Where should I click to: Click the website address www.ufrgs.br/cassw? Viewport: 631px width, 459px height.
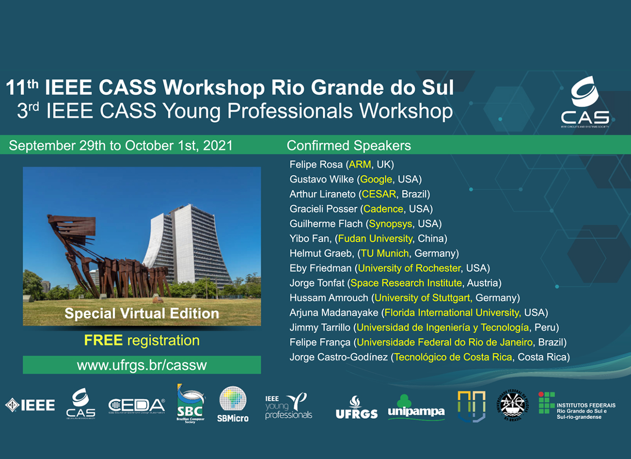[142, 365]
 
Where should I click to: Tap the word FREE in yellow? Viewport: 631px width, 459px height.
[104, 340]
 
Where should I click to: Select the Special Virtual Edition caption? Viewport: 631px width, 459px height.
[141, 313]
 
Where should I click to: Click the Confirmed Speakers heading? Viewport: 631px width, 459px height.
[349, 146]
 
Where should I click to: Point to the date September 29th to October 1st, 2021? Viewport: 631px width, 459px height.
[121, 146]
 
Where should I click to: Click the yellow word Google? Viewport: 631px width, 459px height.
[377, 179]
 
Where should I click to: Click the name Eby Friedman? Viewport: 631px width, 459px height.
[321, 268]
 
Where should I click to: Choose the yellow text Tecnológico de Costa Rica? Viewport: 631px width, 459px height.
[453, 357]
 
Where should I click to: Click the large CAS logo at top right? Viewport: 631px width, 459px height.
[585, 102]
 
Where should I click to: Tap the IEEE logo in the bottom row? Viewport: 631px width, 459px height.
[30, 406]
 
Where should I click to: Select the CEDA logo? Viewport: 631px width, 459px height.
[136, 406]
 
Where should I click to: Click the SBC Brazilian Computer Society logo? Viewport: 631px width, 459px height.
[190, 405]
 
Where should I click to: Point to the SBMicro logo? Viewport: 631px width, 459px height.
[233, 404]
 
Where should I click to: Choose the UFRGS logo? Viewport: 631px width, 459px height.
[356, 408]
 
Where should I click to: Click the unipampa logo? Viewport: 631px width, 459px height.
[416, 407]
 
